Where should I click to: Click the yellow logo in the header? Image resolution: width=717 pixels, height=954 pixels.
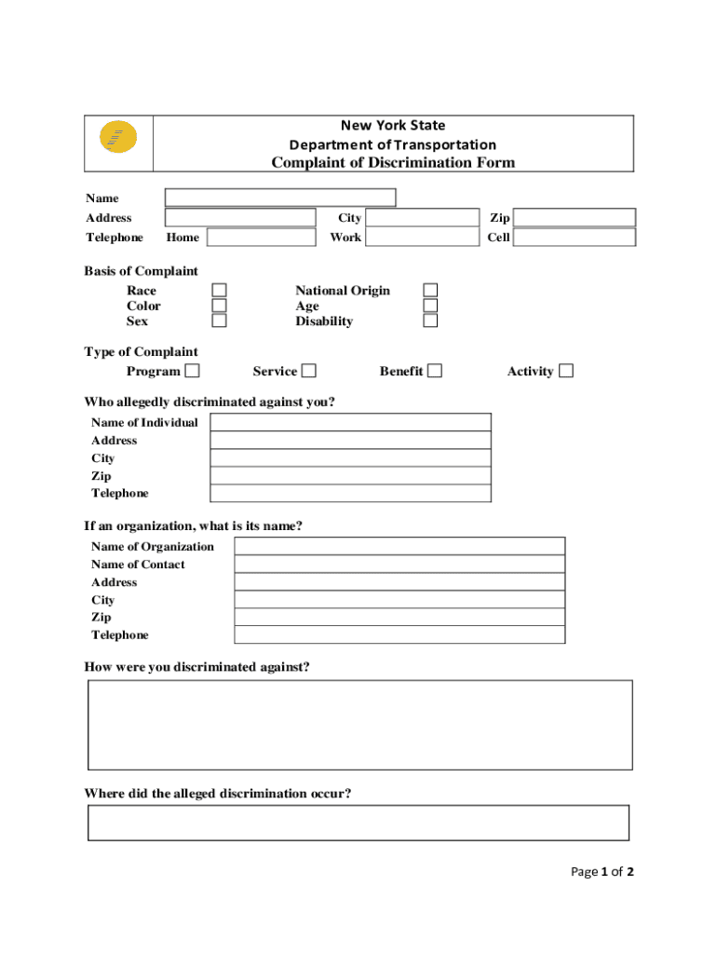click(x=118, y=139)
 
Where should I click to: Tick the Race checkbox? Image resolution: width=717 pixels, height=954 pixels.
click(x=219, y=291)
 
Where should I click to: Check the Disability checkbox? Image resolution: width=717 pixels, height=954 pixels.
click(x=430, y=321)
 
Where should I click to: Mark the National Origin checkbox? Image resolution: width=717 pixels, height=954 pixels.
click(x=430, y=291)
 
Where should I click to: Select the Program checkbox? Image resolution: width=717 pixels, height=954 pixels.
click(x=192, y=371)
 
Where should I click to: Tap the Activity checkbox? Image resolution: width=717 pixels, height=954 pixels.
click(x=566, y=371)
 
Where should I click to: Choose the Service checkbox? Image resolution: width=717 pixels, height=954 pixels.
click(x=308, y=371)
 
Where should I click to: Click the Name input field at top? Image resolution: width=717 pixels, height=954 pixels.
click(x=280, y=198)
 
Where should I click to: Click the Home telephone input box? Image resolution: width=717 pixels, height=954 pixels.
click(x=262, y=238)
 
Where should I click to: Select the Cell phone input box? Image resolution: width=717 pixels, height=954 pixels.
click(x=575, y=238)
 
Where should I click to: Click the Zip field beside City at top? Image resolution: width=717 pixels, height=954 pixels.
click(x=575, y=218)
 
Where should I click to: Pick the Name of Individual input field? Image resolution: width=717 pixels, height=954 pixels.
click(x=350, y=423)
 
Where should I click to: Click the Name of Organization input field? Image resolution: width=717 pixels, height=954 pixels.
click(x=399, y=547)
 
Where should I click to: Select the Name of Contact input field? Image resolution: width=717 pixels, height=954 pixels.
click(x=399, y=565)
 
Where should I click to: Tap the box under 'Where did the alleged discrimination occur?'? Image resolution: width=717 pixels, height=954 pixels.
click(x=358, y=823)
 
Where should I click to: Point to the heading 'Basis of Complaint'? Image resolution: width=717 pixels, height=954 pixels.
click(x=142, y=271)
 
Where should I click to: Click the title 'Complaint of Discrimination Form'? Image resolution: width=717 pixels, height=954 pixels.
click(x=393, y=163)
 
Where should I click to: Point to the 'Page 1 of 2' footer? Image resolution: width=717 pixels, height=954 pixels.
click(x=602, y=872)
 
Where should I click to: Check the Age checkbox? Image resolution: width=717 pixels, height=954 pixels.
click(x=430, y=306)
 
